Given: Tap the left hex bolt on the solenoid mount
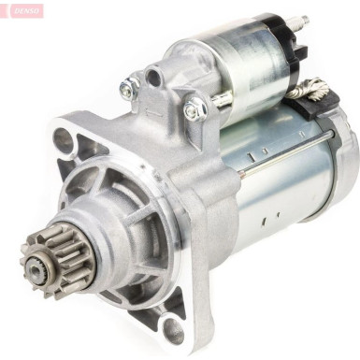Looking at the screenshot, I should click(129, 89).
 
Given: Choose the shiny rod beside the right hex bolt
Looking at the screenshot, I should click(221, 98).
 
